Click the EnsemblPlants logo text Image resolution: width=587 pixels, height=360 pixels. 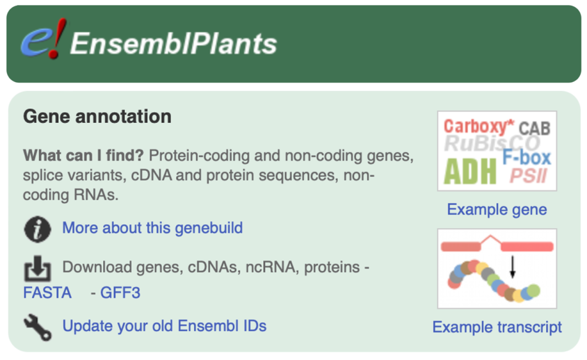pos(174,43)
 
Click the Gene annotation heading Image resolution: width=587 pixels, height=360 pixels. pos(97,116)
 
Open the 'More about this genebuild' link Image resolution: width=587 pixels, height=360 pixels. pos(152,228)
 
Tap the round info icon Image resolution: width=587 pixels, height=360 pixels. pos(37,229)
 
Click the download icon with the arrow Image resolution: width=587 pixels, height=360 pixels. pos(37,268)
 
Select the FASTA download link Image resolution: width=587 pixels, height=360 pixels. pos(47,293)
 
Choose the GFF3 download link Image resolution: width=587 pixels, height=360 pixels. pos(120,293)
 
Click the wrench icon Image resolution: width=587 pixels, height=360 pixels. pos(37,326)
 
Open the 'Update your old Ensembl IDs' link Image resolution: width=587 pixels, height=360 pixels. pos(164,325)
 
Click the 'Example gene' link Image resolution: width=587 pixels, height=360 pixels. pos(497,210)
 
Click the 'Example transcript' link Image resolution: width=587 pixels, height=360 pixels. pos(497,327)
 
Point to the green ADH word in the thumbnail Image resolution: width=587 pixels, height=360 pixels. pos(470,172)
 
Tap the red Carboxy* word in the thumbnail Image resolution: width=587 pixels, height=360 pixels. pos(478,127)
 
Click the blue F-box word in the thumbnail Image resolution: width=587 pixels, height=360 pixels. pos(526,157)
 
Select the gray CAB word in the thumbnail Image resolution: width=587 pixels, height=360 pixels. pos(534,128)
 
